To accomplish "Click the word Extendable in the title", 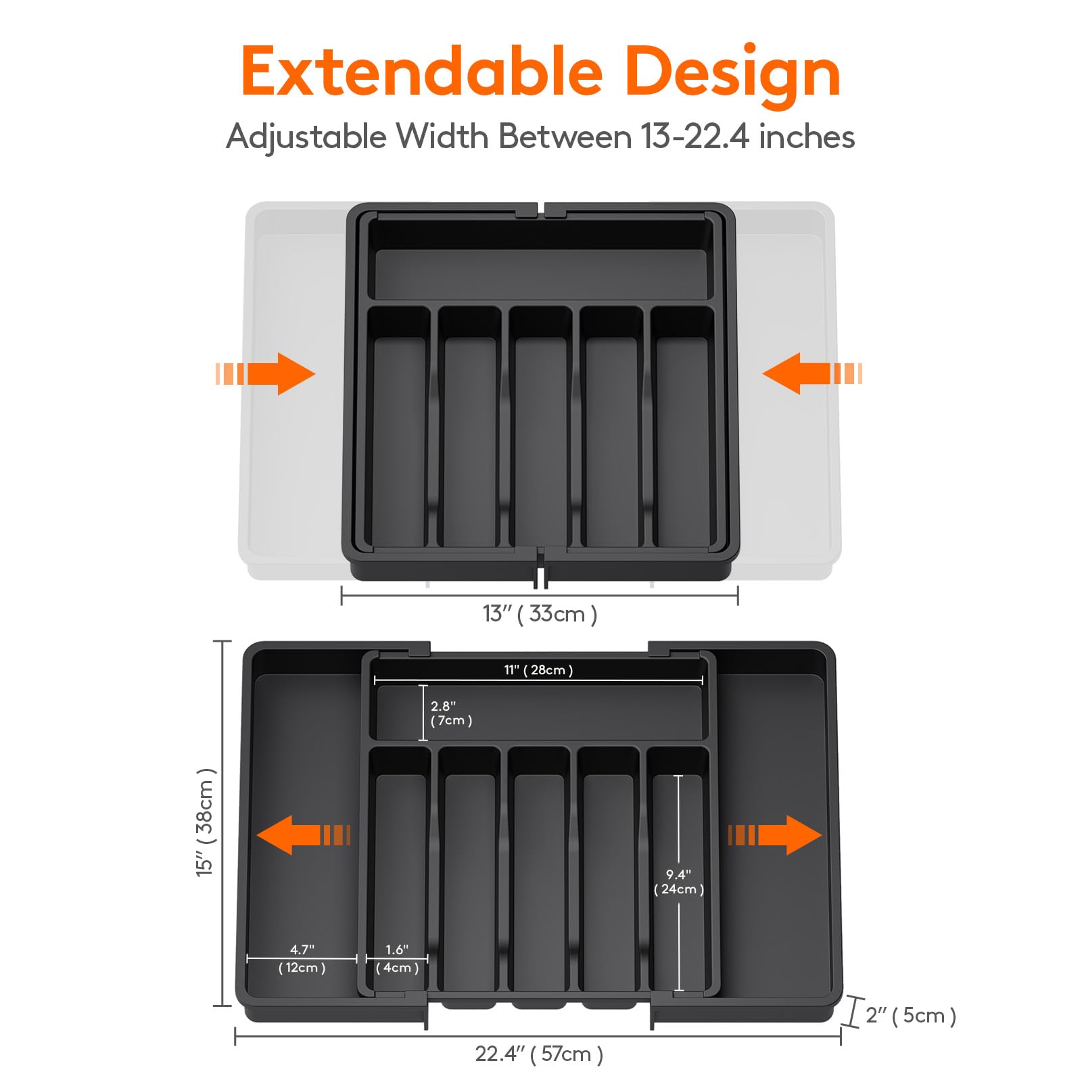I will coord(421,72).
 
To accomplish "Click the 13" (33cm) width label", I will coord(540,614).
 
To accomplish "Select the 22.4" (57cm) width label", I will coord(539,1054).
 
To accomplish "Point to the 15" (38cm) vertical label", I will coord(205,822).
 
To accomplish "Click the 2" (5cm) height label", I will coord(910,1015).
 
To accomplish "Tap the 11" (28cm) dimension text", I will coord(538,669).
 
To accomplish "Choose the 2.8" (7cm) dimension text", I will coord(451,713).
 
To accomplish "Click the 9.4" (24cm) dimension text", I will coord(678,882).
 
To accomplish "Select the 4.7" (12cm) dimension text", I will coord(302,959).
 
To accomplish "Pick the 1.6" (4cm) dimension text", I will coord(397,959).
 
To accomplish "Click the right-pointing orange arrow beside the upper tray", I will coord(267,373).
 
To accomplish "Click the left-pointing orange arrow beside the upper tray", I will coord(811,373).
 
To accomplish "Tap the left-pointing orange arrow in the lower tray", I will coord(303,834).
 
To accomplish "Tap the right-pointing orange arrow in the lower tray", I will coord(775,834).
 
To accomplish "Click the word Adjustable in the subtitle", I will coord(306,137).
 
